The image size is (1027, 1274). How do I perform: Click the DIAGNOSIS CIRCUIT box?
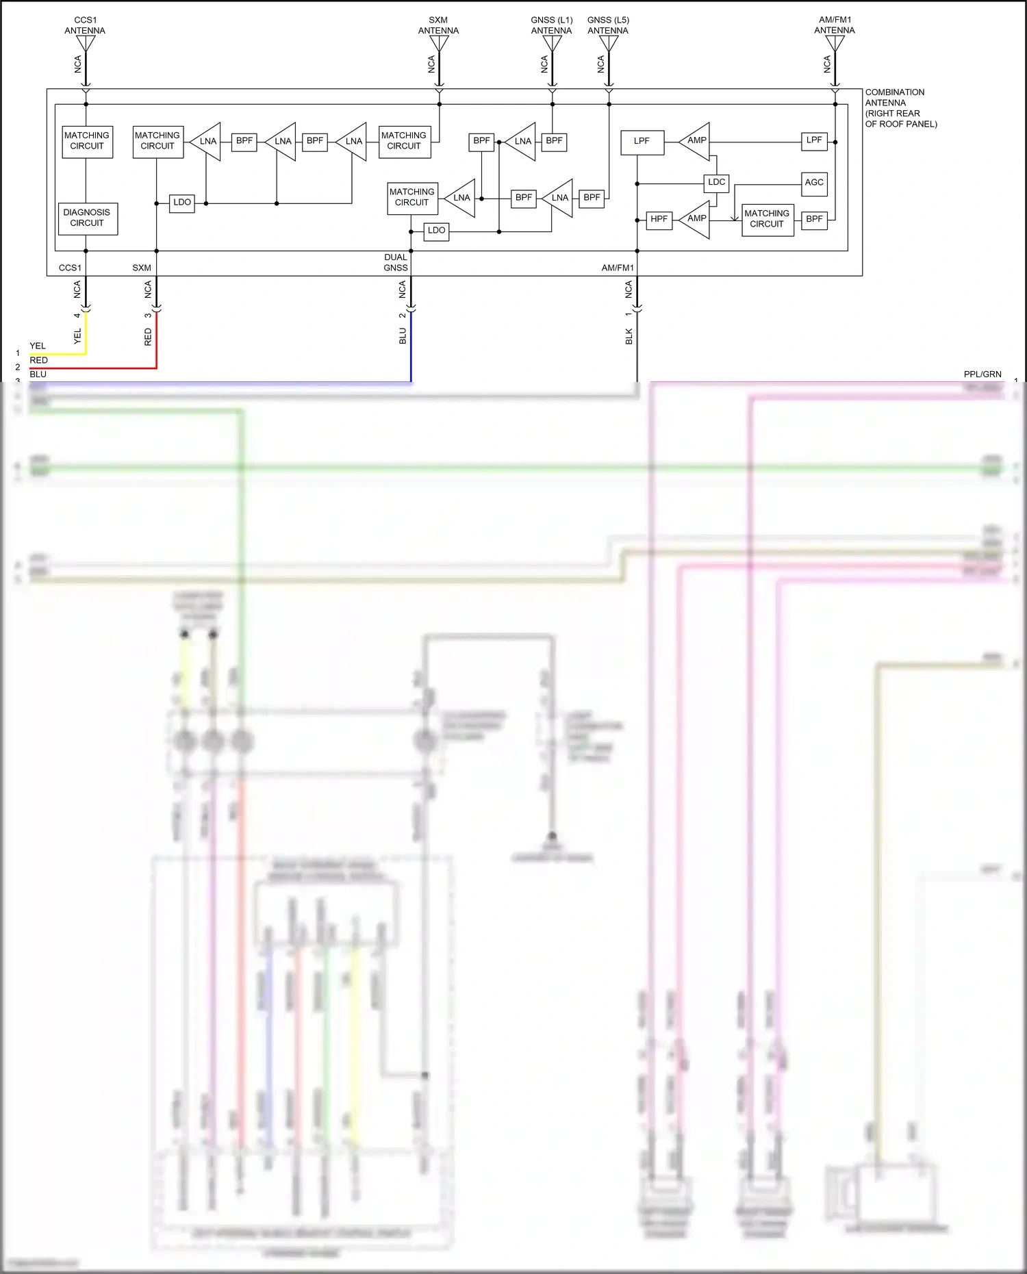[88, 218]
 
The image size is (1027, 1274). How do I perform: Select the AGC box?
[814, 183]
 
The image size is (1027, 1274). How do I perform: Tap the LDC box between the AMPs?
[716, 182]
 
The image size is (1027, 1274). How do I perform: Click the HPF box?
[659, 219]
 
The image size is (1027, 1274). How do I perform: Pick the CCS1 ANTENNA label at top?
[85, 25]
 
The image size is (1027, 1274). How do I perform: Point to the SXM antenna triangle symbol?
[439, 43]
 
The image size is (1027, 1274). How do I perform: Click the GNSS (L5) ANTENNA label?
[608, 25]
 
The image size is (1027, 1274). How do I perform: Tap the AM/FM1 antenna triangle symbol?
[835, 43]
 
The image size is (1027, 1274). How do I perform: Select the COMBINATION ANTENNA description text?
[900, 108]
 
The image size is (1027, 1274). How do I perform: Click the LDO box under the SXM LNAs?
[182, 203]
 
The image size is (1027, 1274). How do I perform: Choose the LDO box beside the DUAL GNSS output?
[436, 231]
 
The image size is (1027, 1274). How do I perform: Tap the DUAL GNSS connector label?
[396, 262]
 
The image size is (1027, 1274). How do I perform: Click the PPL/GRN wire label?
[982, 374]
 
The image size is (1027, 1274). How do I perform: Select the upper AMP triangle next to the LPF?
[696, 141]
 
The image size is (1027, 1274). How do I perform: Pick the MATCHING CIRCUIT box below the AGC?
[767, 219]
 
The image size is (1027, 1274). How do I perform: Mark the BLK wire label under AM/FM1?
[629, 336]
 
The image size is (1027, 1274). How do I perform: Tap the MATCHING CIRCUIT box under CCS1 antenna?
[87, 141]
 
